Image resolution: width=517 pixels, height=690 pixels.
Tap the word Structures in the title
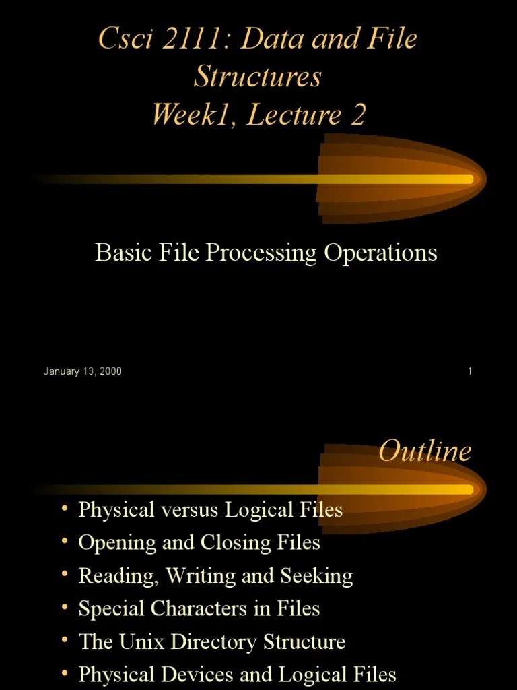[258, 76]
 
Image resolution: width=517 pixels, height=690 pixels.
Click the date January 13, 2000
[83, 371]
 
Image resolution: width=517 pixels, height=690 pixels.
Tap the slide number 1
[469, 371]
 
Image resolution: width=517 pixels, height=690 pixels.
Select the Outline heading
[425, 451]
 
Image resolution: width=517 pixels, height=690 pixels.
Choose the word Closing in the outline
[241, 542]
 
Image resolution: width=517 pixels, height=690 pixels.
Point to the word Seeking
[315, 576]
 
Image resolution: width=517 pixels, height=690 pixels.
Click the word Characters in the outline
[200, 609]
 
